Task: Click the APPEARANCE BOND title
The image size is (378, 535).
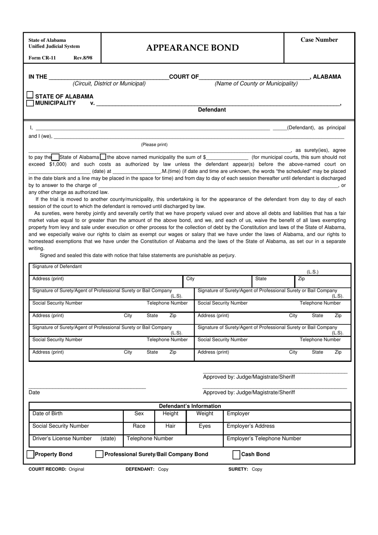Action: tap(193, 48)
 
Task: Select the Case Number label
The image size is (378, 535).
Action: tap(319, 40)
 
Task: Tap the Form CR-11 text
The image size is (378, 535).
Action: tap(42, 58)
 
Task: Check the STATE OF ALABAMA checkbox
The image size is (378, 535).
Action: tap(30, 95)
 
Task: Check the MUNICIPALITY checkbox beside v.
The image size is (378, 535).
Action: tap(30, 103)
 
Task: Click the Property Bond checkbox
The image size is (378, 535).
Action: tap(30, 454)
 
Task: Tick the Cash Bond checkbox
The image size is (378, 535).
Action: tap(236, 454)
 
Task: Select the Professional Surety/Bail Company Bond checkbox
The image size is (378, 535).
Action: tap(99, 454)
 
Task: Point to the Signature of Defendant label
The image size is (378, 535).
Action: tap(57, 267)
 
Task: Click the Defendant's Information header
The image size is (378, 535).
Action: tap(190, 406)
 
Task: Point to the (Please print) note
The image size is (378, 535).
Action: tap(154, 144)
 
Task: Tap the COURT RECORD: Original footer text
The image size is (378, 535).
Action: tap(57, 469)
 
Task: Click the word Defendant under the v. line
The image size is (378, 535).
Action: tap(212, 110)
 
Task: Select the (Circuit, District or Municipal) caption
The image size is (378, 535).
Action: tap(109, 84)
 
